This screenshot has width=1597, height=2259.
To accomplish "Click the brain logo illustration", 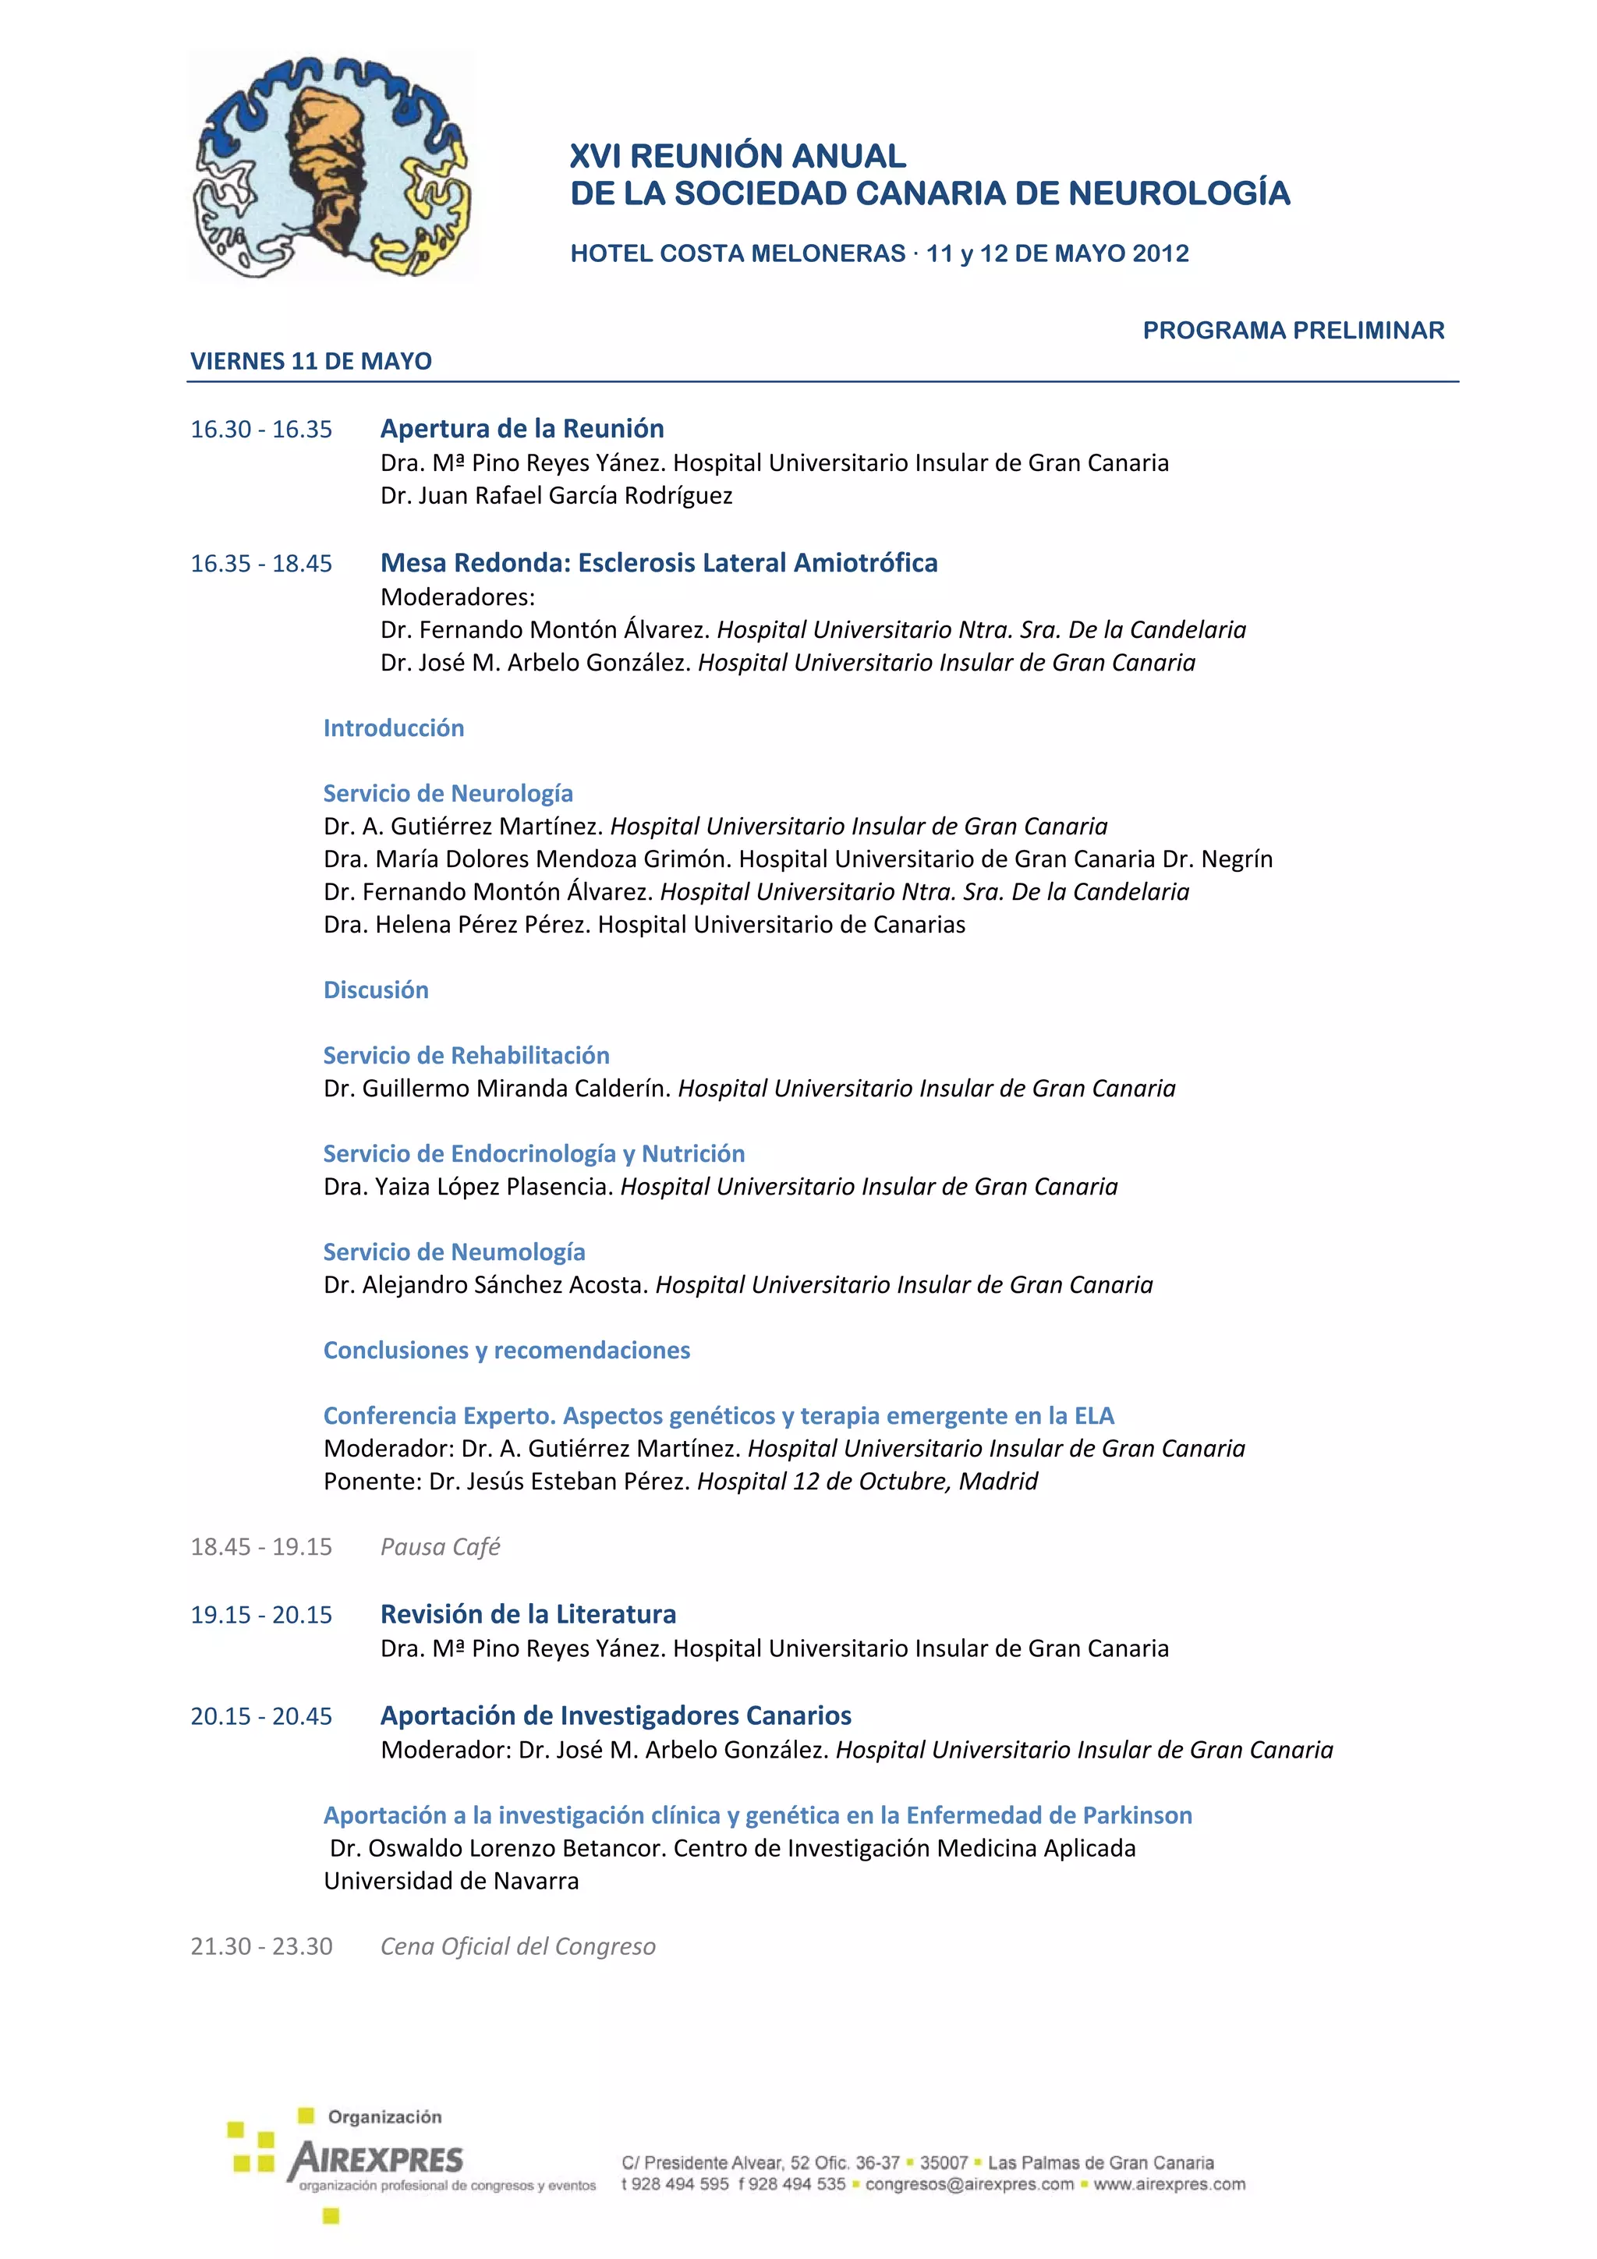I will point(331,166).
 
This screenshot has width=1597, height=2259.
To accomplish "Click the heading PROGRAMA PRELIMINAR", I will point(1293,331).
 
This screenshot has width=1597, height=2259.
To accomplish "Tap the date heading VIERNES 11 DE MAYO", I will point(311,361).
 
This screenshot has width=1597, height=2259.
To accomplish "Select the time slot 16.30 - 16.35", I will point(260,430).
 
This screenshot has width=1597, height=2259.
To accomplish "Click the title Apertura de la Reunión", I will point(522,429).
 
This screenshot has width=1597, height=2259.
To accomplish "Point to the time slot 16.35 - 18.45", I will point(260,564).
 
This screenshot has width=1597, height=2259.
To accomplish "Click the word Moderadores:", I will point(458,597).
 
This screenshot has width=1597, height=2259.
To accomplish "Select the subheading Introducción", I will point(394,728).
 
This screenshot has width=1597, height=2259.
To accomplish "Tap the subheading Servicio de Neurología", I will point(448,793).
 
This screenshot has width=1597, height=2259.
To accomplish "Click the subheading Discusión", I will point(376,990).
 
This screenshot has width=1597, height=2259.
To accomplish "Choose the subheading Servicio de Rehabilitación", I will point(466,1056).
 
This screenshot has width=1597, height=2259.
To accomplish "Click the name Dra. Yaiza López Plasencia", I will point(469,1187).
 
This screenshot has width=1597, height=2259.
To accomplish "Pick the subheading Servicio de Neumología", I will point(454,1252).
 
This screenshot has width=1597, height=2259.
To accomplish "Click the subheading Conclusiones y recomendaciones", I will point(507,1350).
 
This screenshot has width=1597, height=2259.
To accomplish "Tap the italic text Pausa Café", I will point(440,1546).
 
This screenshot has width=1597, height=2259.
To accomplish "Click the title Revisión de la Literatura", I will point(529,1613).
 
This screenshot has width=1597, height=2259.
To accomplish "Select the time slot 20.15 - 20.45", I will point(260,1716).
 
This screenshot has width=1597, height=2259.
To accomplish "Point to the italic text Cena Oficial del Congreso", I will point(518,1946).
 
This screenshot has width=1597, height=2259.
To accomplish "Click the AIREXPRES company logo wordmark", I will point(376,2160).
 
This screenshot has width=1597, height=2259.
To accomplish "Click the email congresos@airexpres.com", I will point(969,2184).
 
